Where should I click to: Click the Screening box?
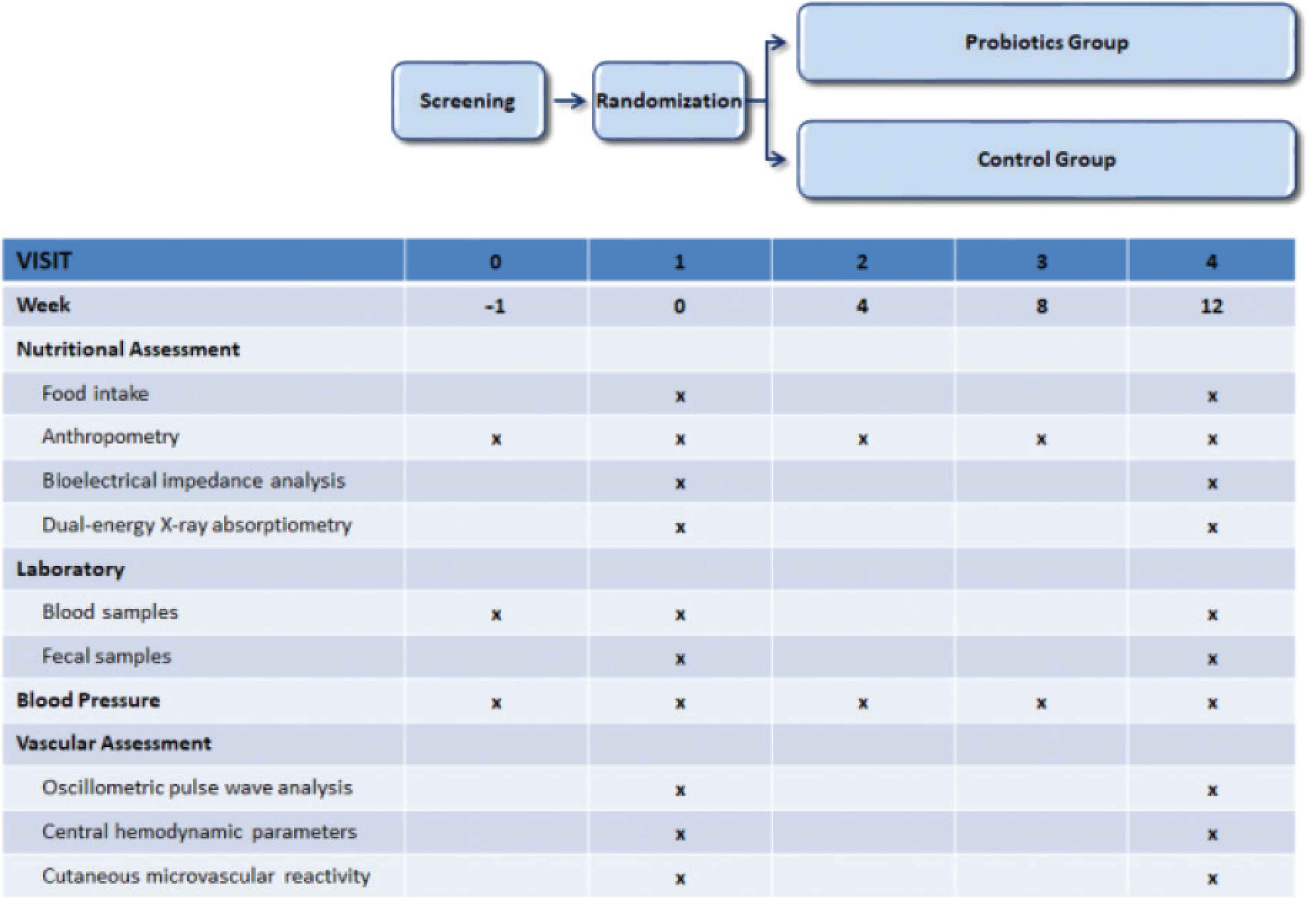pyautogui.click(x=468, y=101)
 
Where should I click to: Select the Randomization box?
pyautogui.click(x=669, y=101)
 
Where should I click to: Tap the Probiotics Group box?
pyautogui.click(x=1046, y=42)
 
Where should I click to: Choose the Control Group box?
pyautogui.click(x=1046, y=160)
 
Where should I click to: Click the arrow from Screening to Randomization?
pyautogui.click(x=570, y=101)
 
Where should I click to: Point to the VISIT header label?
pyautogui.click(x=44, y=261)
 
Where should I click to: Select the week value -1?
pyautogui.click(x=495, y=306)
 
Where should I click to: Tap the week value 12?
pyautogui.click(x=1212, y=306)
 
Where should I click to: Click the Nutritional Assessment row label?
pyautogui.click(x=128, y=349)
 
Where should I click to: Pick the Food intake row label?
pyautogui.click(x=95, y=393)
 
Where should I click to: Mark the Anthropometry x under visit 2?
pyautogui.click(x=863, y=439)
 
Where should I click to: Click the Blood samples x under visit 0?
pyautogui.click(x=496, y=614)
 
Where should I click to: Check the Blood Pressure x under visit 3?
pyautogui.click(x=1041, y=703)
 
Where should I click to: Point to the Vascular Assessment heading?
pyautogui.click(x=114, y=743)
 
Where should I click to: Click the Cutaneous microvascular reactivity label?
pyautogui.click(x=206, y=876)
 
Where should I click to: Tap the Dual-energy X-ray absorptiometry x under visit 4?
pyautogui.click(x=1212, y=527)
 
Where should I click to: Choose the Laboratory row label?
pyautogui.click(x=70, y=569)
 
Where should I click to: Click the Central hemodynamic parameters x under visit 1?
pyautogui.click(x=680, y=834)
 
